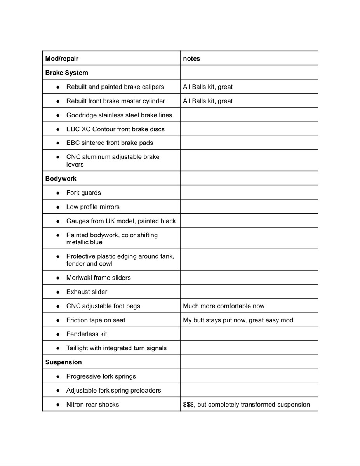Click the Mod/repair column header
point(62,59)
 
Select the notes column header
point(191,59)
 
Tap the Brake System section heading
point(66,73)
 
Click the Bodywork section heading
point(61,179)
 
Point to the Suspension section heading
point(63,362)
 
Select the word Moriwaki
point(79,278)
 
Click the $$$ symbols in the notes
point(188,405)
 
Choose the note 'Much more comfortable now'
point(224,306)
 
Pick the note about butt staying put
point(238,320)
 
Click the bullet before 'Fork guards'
point(58,193)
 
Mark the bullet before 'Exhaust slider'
point(58,292)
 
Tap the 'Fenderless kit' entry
point(87,334)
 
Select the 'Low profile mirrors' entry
point(93,207)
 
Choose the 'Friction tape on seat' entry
point(96,320)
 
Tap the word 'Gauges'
point(77,221)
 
